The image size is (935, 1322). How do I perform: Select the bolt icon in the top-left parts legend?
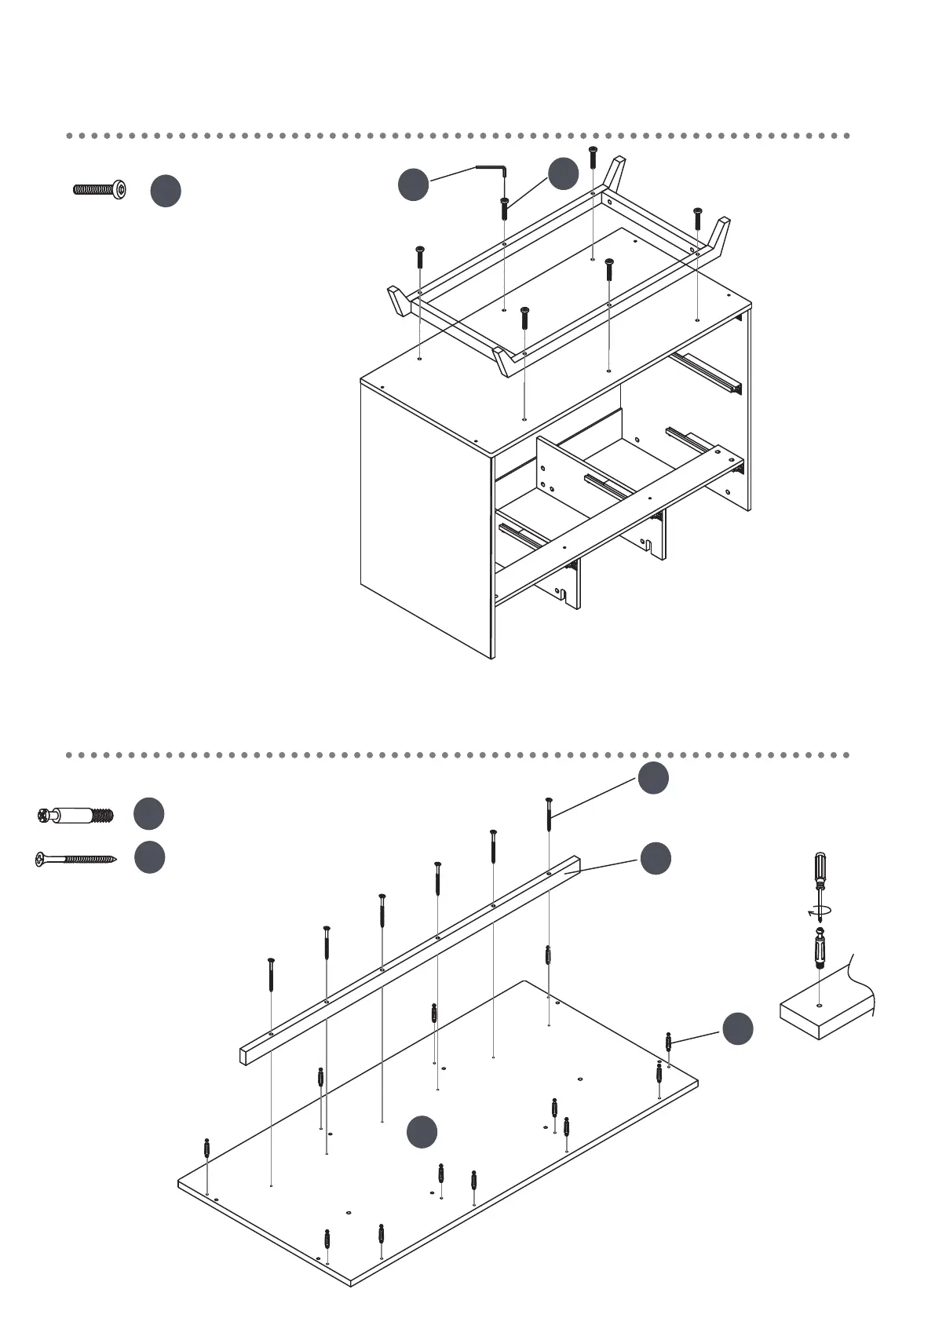click(99, 188)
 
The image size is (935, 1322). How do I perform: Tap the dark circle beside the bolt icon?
click(166, 192)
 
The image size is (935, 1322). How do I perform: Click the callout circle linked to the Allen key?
click(413, 184)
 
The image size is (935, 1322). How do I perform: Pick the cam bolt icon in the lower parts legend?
click(75, 816)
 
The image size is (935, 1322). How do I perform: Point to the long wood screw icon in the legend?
click(75, 859)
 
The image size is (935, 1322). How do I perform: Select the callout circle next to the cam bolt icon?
click(149, 814)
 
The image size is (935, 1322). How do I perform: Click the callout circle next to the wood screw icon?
click(149, 857)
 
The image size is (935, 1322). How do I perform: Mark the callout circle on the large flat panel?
click(422, 1131)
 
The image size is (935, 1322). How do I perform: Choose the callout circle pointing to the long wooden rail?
click(656, 859)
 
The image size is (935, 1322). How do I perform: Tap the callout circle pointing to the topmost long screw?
click(653, 778)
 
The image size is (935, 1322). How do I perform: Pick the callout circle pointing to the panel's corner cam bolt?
click(738, 1029)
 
